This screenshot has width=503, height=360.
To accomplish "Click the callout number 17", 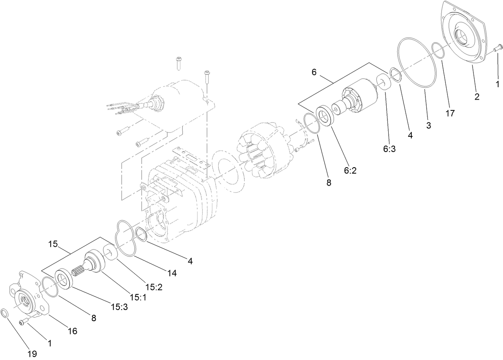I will (x=450, y=113).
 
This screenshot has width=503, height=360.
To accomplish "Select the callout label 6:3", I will (x=389, y=149).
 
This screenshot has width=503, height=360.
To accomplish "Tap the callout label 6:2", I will (x=350, y=170).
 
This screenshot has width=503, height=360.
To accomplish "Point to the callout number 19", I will (x=32, y=354).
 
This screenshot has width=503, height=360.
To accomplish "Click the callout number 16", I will (x=72, y=331).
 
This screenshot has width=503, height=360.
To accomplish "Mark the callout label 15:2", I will (x=154, y=287).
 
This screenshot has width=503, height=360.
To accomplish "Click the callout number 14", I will (x=172, y=273).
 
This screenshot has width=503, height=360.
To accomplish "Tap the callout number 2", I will (x=477, y=96).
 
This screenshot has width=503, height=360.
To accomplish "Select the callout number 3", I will (x=428, y=125).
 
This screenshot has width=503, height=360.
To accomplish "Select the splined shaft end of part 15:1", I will (x=79, y=274).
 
